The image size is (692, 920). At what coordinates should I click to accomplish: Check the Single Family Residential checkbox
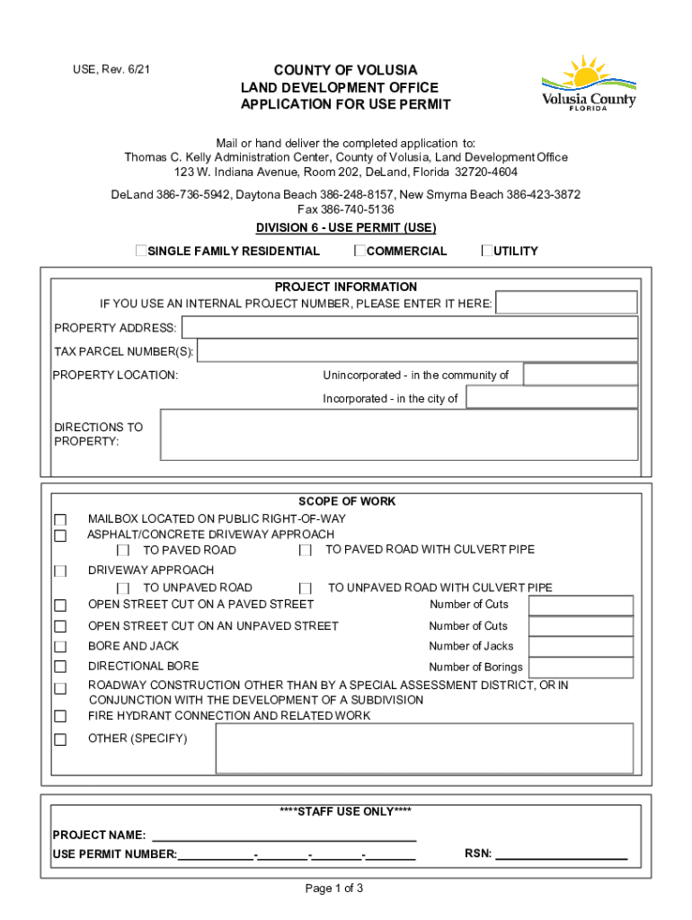141,251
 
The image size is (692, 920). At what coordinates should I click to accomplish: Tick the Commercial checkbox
359,251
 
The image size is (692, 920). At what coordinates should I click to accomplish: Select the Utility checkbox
487,251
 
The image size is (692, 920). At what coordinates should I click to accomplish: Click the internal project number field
566,303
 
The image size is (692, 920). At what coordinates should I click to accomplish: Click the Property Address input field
409,327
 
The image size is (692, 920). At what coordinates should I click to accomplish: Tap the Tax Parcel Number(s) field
417,350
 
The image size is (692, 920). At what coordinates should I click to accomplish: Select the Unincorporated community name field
580,375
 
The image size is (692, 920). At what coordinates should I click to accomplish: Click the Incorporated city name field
552,397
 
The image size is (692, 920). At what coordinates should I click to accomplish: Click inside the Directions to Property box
398,435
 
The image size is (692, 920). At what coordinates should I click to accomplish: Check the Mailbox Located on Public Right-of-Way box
60,520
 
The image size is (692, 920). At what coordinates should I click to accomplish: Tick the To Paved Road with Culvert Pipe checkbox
306,550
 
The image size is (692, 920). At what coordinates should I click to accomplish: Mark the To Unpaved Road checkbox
124,588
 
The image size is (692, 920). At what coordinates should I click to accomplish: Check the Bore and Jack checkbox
60,647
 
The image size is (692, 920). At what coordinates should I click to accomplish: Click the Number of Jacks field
581,646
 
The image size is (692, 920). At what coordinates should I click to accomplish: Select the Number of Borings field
581,667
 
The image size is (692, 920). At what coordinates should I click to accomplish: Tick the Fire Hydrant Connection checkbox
60,717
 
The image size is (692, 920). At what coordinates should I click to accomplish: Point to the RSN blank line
561,854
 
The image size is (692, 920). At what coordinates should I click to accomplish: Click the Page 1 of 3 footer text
334,889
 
